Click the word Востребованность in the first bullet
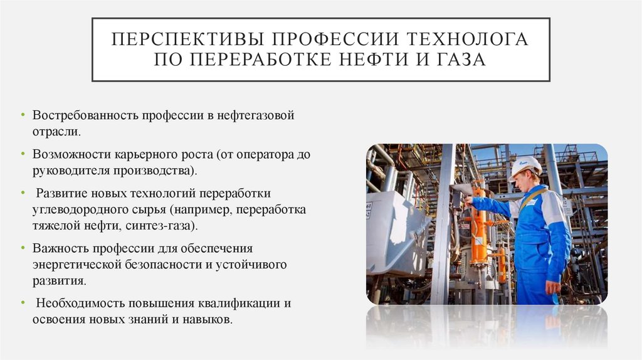(85, 117)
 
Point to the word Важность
(60, 248)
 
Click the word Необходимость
(80, 304)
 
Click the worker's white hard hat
(525, 165)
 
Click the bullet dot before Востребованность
(23, 117)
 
